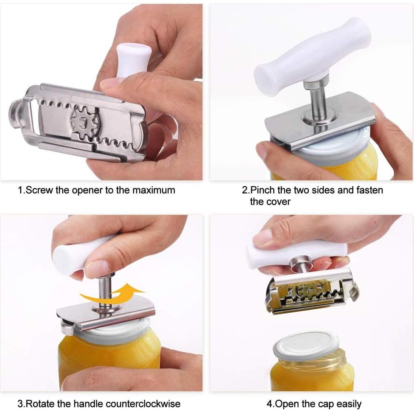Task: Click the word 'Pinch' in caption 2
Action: point(262,190)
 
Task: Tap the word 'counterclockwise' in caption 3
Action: point(143,404)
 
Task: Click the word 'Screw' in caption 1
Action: point(40,190)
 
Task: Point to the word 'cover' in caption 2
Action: point(277,202)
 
